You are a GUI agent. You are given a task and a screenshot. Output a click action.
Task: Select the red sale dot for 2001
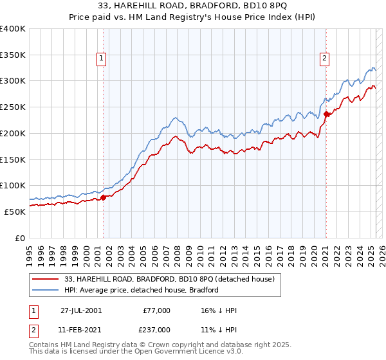(x=103, y=197)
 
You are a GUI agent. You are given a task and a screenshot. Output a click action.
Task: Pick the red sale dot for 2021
(x=326, y=114)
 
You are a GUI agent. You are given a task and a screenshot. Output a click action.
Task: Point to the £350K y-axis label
(x=13, y=55)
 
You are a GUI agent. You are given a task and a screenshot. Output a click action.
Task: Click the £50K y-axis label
(x=15, y=212)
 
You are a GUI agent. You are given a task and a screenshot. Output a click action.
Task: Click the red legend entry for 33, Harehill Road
(x=170, y=279)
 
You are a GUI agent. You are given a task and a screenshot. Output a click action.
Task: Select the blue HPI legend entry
(x=142, y=290)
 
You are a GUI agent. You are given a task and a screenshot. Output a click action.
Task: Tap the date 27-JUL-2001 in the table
(x=81, y=310)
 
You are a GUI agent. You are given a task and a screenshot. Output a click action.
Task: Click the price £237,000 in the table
(x=157, y=330)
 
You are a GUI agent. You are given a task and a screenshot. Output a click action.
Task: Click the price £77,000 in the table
(x=157, y=310)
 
